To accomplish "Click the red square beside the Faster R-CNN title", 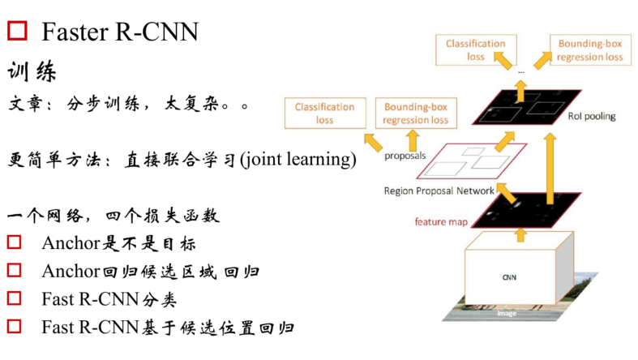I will click(x=17, y=32).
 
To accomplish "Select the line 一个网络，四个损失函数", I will click(x=113, y=216).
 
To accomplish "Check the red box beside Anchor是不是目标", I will click(x=14, y=242).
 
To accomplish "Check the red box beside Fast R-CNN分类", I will click(x=14, y=298).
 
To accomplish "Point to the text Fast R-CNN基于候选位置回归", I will click(x=168, y=327).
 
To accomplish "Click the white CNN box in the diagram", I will click(x=509, y=276).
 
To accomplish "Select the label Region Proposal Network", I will click(x=439, y=191).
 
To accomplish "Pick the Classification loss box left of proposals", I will click(x=324, y=113).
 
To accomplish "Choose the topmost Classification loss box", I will click(x=475, y=50).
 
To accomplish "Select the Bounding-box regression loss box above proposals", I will click(x=415, y=113).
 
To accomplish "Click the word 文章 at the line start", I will click(x=26, y=105).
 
